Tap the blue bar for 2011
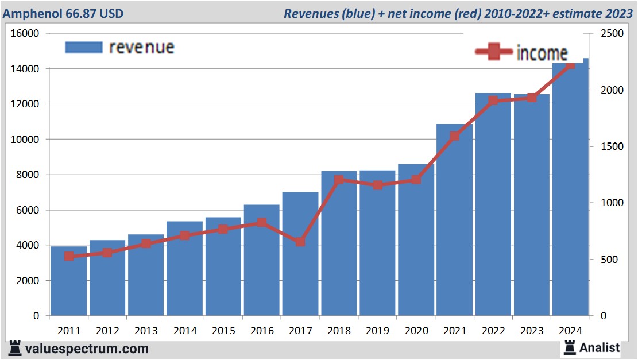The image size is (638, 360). point(69,281)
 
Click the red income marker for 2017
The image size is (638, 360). point(300,242)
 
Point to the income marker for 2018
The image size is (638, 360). point(339,180)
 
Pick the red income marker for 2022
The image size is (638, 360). point(493,101)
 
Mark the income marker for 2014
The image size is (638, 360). point(185,235)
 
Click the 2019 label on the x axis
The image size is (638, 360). point(377,331)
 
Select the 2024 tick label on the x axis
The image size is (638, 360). point(570,331)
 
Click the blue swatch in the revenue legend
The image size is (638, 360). point(84,47)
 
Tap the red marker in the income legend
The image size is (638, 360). point(493,53)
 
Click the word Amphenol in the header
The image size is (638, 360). point(28,13)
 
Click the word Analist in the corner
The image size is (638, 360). point(600,347)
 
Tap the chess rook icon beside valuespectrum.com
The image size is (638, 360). point(15,348)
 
